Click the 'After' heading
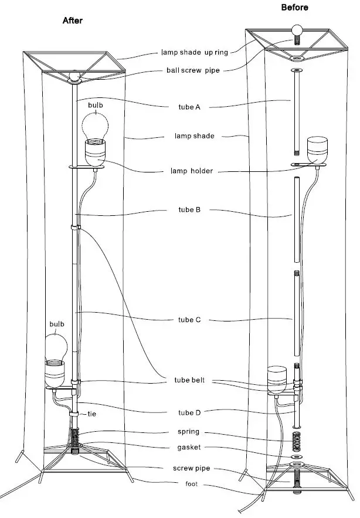coord(73,21)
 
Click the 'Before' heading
coord(294,8)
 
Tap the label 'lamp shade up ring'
coord(195,52)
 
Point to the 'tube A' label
coord(189,107)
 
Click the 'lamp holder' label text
coord(189,171)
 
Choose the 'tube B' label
coord(189,209)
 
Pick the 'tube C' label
coord(189,320)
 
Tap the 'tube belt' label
coord(189,380)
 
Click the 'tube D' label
coord(189,413)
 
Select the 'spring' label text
coord(189,432)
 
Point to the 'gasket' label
coord(189,447)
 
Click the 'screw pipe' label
coord(189,468)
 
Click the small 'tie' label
coord(91,414)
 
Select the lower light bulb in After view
coord(56,346)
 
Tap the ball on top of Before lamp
coord(298,31)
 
